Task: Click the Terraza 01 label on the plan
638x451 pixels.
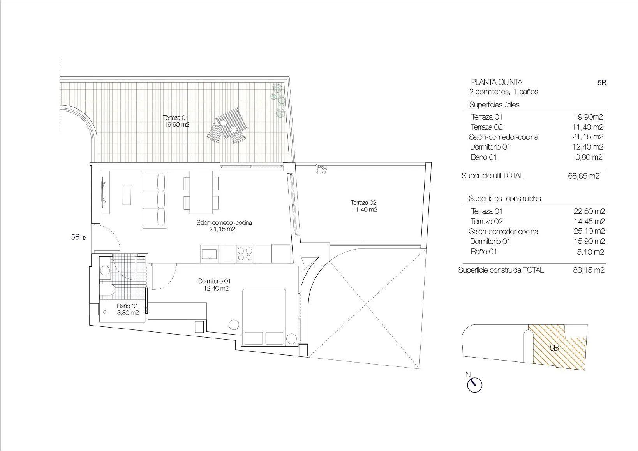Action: [176, 121]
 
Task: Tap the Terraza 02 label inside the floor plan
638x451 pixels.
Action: [363, 206]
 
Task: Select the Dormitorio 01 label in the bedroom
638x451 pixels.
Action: [214, 285]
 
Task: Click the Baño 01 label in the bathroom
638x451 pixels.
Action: [127, 310]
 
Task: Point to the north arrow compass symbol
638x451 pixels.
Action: [474, 385]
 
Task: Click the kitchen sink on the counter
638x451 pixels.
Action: [210, 254]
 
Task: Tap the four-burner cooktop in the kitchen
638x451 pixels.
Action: [245, 254]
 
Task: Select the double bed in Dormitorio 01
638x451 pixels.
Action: [264, 317]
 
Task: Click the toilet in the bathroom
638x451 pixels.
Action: [107, 289]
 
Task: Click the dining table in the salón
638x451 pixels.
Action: [201, 192]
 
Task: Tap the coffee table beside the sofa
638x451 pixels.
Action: [127, 195]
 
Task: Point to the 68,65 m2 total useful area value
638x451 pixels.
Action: [583, 176]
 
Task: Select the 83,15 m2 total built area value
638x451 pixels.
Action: [589, 270]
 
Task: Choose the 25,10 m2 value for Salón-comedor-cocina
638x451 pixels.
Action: [589, 231]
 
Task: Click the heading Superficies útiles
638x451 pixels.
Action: [494, 105]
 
